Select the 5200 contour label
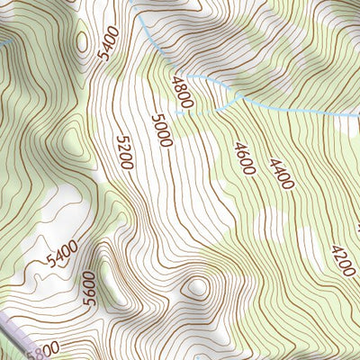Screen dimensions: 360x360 pos(125,153)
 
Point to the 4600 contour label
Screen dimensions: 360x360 pos(242,157)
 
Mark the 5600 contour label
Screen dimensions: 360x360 pos(88,289)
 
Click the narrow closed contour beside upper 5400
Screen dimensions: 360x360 pos(84,40)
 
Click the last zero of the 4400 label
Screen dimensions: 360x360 pos(287,186)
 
